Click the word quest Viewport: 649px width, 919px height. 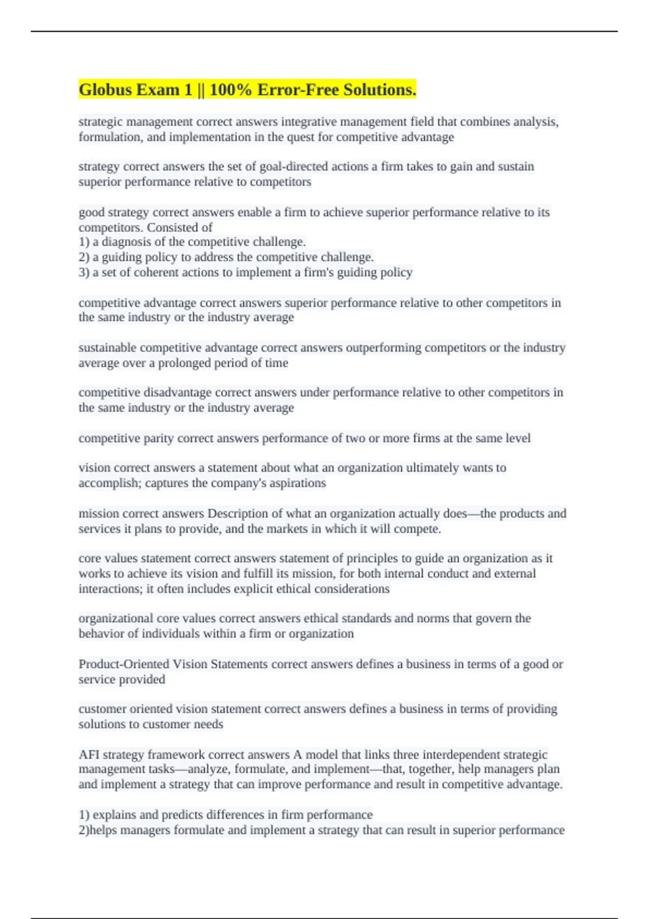(300, 137)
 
